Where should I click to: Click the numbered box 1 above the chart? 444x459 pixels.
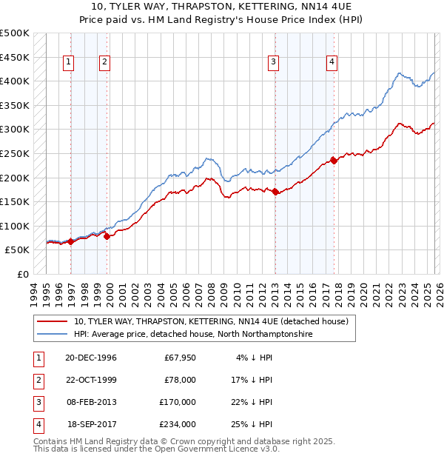tap(68, 63)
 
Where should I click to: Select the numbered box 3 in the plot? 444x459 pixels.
tap(273, 63)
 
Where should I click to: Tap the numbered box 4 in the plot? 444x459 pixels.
tap(332, 63)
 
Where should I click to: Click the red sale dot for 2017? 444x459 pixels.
tap(334, 160)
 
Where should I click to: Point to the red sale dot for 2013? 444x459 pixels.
tap(275, 192)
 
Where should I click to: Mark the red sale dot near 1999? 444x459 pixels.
tap(107, 236)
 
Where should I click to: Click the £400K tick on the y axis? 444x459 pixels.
tap(15, 81)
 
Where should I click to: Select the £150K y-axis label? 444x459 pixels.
tap(15, 201)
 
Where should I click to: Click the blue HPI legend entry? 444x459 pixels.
tap(193, 335)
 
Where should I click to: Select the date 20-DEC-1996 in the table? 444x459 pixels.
tap(90, 358)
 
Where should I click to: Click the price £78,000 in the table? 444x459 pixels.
tap(180, 380)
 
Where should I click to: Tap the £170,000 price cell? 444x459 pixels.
tap(178, 402)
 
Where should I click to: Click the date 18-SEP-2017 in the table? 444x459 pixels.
tap(91, 424)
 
